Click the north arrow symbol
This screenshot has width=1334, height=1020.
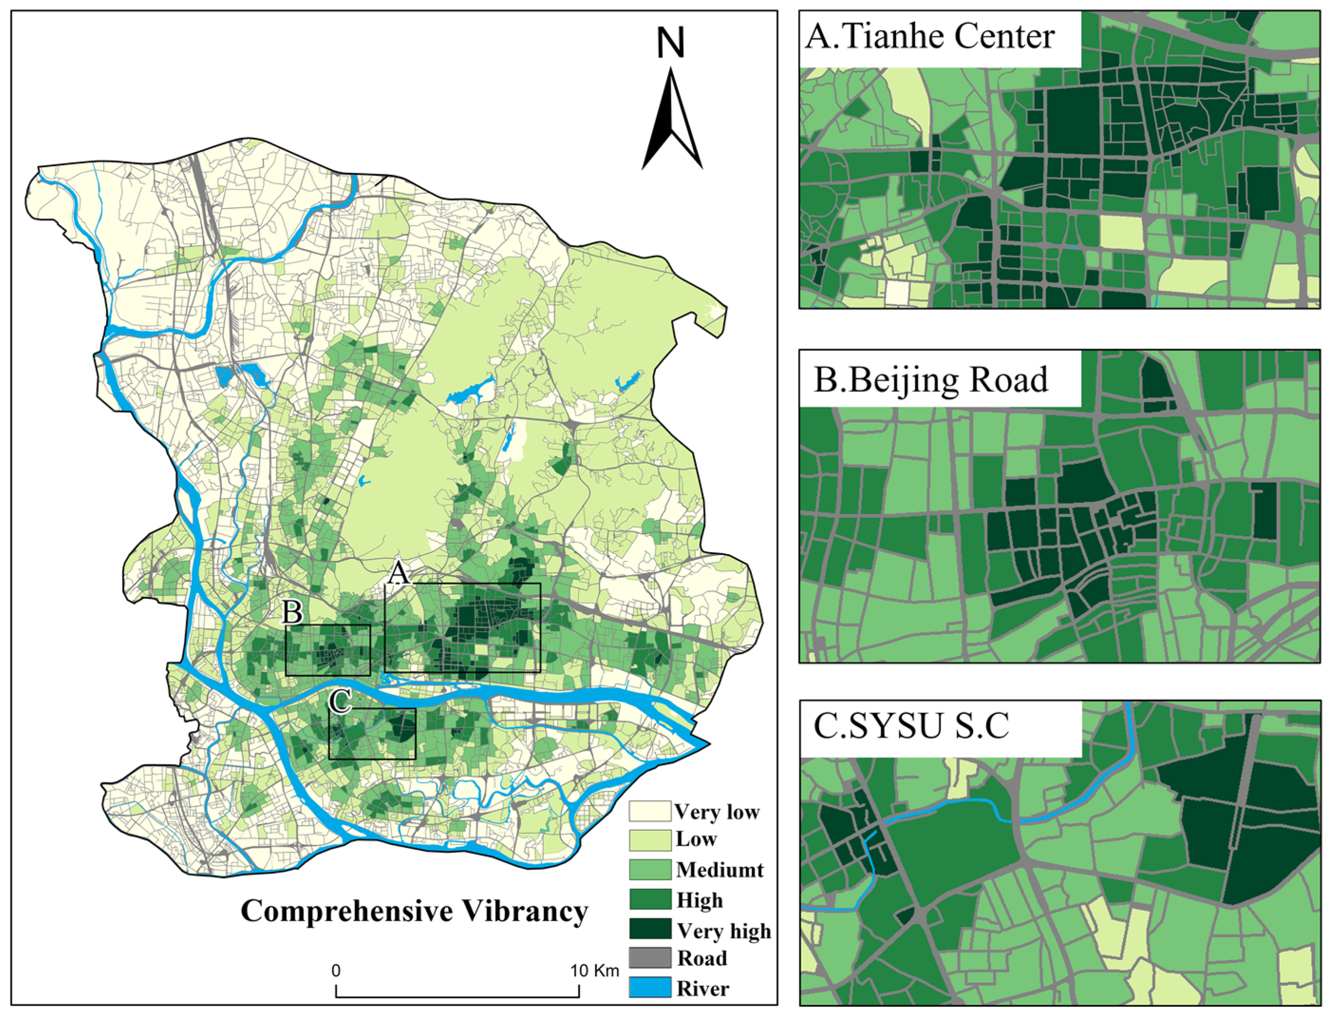coord(672,122)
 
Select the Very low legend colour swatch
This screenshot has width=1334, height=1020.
coord(649,812)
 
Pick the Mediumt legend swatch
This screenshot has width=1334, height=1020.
coord(649,869)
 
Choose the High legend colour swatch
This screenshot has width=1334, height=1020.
coord(649,899)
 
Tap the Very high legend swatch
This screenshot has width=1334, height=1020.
coord(649,929)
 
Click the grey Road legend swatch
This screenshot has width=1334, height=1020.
coord(649,958)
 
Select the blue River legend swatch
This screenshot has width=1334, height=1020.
coord(649,988)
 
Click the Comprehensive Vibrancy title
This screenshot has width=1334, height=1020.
coord(414,912)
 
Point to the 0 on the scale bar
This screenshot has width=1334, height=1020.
coord(336,971)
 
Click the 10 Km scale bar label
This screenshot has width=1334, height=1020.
coord(594,971)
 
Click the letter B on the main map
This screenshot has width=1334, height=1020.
coord(292,613)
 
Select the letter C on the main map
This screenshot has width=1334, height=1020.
coord(340,702)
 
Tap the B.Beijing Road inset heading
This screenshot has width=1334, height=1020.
coord(930,380)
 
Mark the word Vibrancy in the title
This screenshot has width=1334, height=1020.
coord(526,912)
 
